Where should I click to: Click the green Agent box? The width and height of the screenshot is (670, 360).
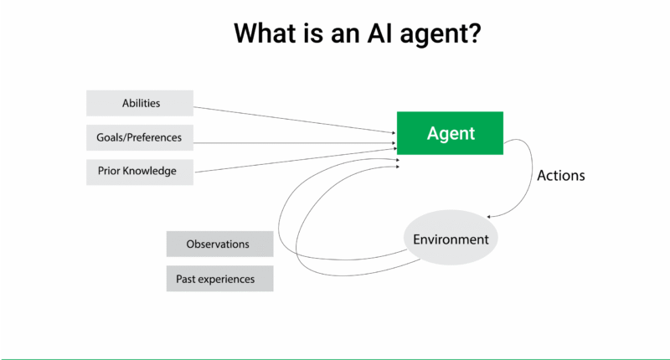450,133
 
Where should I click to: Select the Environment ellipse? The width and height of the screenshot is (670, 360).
451,239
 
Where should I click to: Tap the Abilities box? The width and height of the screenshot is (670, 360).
139,104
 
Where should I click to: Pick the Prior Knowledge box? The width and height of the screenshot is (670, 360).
139,172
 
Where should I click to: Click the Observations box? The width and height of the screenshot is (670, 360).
219,244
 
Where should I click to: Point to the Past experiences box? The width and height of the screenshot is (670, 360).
219,279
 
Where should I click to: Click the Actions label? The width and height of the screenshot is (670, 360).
560,176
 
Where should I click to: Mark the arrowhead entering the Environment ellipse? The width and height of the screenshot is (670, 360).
488,217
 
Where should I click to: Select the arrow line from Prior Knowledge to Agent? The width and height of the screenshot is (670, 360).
293,161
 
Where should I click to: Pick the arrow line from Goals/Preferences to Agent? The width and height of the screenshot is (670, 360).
293,143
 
